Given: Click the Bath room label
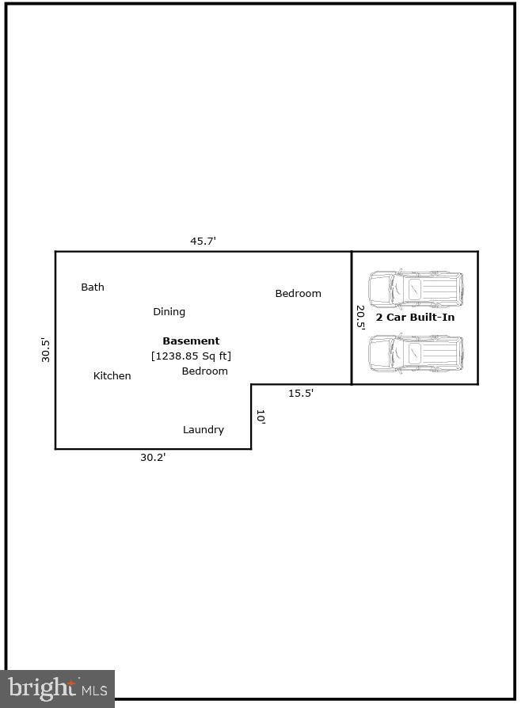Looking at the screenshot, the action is click(93, 287).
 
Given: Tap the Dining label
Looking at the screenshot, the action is click(169, 312).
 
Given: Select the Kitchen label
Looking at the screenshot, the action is click(112, 375).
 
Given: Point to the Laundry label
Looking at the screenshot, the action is click(204, 430).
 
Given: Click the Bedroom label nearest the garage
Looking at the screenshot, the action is click(299, 294).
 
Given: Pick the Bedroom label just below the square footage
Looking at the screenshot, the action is click(204, 371).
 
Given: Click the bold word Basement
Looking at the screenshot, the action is click(191, 341).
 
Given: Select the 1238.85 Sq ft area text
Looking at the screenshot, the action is click(191, 356).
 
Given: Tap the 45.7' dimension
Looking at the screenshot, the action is click(203, 241).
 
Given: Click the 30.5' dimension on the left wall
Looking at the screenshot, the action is click(45, 350).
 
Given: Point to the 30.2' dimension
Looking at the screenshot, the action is click(153, 458).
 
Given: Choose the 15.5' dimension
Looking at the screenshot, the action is click(301, 394).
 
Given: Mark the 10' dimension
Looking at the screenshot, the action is click(261, 417).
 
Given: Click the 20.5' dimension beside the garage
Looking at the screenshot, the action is click(360, 318).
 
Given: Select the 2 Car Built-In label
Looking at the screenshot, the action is click(415, 318).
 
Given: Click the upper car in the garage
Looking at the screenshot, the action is click(416, 289).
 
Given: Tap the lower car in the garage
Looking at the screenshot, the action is click(416, 353).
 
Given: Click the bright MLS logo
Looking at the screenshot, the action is click(57, 688).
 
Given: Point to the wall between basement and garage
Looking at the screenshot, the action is click(352, 318).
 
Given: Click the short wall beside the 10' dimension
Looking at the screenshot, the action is click(251, 417).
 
